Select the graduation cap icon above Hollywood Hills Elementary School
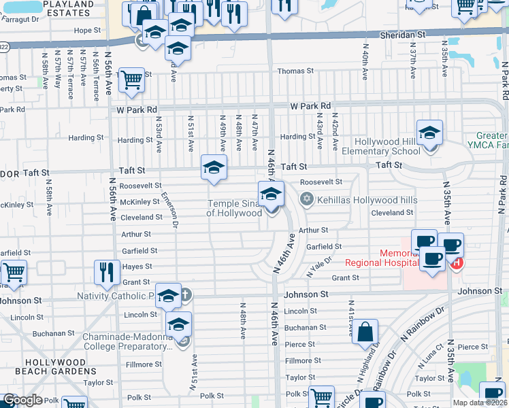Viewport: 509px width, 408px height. click(429, 133)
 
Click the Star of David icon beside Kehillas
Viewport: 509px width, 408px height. click(306, 199)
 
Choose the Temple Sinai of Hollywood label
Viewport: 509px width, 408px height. click(235, 208)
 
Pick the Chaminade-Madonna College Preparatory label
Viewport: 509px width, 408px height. click(127, 341)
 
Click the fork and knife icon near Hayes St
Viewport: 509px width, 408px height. click(107, 272)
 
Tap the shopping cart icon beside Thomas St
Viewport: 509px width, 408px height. click(131, 80)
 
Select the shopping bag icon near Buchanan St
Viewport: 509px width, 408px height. click(365, 333)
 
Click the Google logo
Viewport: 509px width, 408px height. click(22, 400)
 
